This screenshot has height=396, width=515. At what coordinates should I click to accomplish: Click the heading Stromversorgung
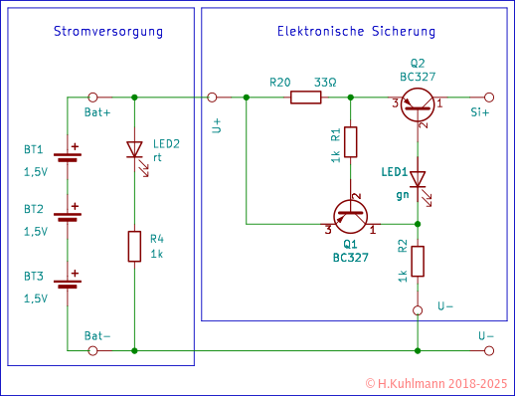[107, 33]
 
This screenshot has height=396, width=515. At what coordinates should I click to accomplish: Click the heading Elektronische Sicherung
[355, 33]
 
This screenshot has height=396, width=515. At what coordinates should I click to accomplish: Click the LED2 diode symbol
[134, 151]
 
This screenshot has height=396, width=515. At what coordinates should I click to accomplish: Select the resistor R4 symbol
[134, 245]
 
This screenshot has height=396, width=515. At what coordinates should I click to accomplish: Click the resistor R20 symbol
[305, 99]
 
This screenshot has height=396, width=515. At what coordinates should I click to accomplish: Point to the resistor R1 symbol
[352, 141]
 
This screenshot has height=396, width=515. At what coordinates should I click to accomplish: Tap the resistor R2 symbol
[418, 261]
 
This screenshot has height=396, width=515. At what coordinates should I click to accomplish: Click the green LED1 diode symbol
[418, 179]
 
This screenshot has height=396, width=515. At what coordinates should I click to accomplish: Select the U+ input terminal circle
[213, 99]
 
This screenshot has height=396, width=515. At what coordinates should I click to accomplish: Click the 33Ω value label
[323, 82]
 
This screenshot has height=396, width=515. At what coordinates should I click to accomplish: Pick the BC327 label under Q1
[350, 256]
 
